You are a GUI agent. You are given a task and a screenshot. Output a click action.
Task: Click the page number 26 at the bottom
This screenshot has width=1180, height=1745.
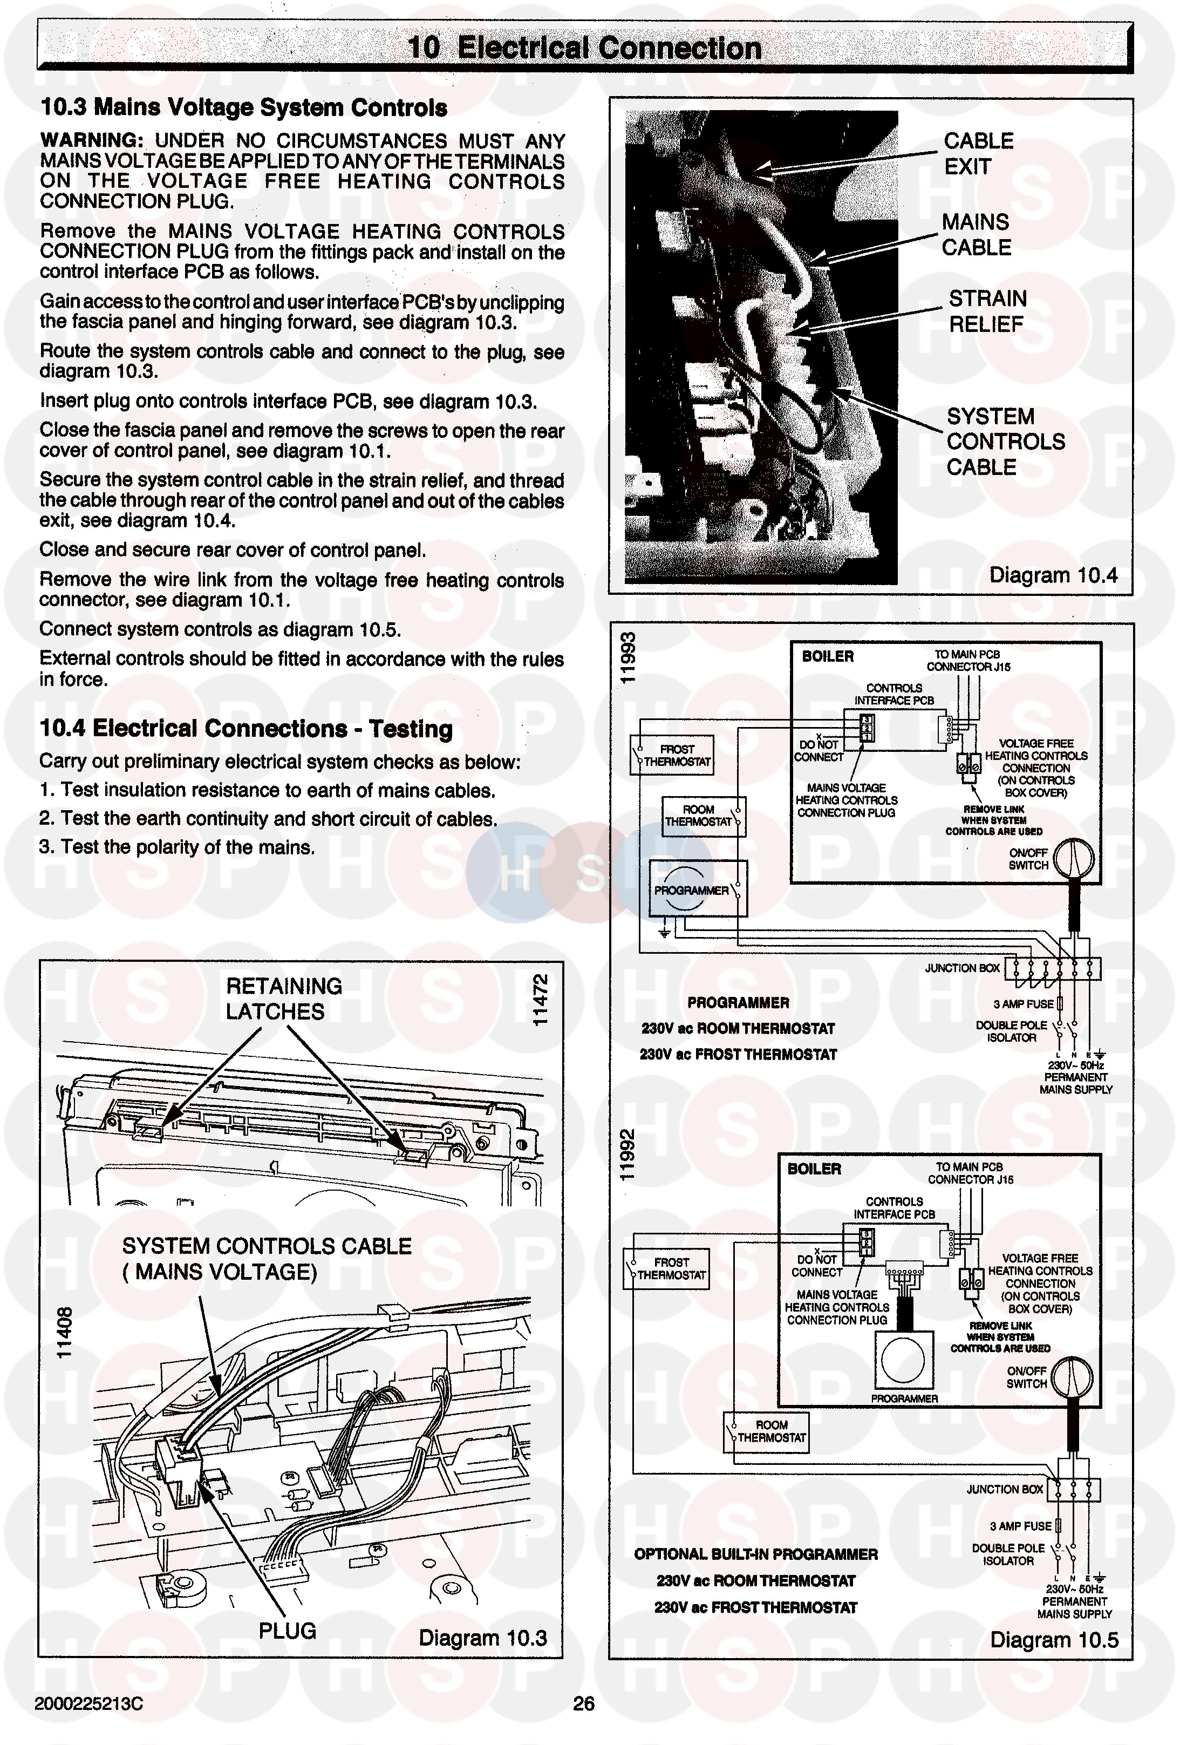pos(583,1703)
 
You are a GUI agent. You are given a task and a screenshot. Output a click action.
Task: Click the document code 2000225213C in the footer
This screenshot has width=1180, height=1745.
pos(88,1703)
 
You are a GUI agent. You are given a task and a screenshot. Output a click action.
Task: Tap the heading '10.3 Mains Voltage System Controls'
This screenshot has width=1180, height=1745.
pos(243,107)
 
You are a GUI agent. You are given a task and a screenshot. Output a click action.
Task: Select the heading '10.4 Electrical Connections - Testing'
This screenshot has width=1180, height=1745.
pos(245,728)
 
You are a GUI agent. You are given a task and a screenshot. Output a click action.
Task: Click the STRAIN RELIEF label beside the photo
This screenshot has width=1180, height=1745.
pos(986,311)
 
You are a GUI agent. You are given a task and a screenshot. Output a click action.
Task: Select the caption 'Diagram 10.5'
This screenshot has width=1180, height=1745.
pos(1053,1639)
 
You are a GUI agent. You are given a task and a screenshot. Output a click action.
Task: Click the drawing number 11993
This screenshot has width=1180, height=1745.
pos(627,658)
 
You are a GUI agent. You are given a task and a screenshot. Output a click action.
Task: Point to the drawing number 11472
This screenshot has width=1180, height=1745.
pos(540,1000)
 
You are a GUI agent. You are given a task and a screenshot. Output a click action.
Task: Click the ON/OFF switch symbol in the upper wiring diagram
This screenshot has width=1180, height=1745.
pos(1073,858)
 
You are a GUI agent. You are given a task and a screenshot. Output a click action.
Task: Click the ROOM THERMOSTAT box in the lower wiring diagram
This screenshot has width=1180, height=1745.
pos(766,1431)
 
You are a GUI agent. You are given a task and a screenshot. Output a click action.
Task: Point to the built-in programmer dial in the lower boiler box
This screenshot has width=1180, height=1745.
pos(903,1361)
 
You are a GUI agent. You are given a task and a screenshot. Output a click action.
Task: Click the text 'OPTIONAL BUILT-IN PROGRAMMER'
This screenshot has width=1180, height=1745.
pos(755,1553)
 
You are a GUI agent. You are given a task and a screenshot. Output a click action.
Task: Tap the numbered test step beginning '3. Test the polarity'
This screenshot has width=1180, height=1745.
pos(176,847)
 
